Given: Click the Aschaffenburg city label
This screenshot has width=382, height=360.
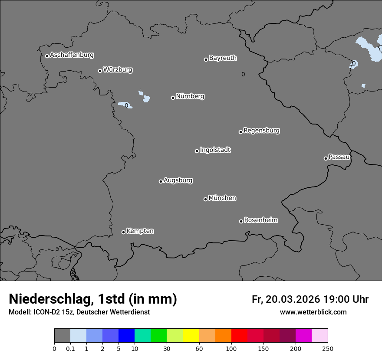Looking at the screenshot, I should coord(72,55).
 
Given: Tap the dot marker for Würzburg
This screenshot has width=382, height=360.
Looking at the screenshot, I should coord(100,71).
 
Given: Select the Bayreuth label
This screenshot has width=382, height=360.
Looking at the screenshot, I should coord(223,58).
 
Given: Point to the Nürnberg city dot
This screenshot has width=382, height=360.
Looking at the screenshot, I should coord(173,98).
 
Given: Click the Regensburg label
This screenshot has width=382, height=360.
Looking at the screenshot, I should coord(261,130).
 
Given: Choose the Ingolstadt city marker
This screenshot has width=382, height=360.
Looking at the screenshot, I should coord(197,151).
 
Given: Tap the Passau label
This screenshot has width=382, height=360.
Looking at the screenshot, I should coord(339,157).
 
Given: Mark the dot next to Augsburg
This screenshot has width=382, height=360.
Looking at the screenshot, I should coord(161,181).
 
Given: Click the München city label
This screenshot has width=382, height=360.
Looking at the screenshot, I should coord(222,198).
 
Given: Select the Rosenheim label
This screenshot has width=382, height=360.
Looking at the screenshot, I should coord(260,220).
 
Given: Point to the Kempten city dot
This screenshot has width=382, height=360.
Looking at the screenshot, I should coord(123,232).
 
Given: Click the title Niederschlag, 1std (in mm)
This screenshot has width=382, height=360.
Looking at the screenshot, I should coord(93,299).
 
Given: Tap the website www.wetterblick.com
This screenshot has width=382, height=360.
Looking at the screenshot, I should coord(313,312).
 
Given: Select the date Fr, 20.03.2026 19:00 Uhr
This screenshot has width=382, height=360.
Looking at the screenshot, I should coord(310,299).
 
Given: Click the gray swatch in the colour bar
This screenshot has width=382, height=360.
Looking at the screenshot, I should coord(62,336).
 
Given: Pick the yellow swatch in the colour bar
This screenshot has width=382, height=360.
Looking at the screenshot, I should coord(191,336).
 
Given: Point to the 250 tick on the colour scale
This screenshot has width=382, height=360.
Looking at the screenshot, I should coord(328,348).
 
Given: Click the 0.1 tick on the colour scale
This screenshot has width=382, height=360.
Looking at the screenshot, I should coord(70,348).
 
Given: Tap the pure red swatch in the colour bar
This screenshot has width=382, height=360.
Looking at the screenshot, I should coord(239,336).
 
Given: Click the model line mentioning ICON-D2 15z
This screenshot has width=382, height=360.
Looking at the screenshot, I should coord(79,312).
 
